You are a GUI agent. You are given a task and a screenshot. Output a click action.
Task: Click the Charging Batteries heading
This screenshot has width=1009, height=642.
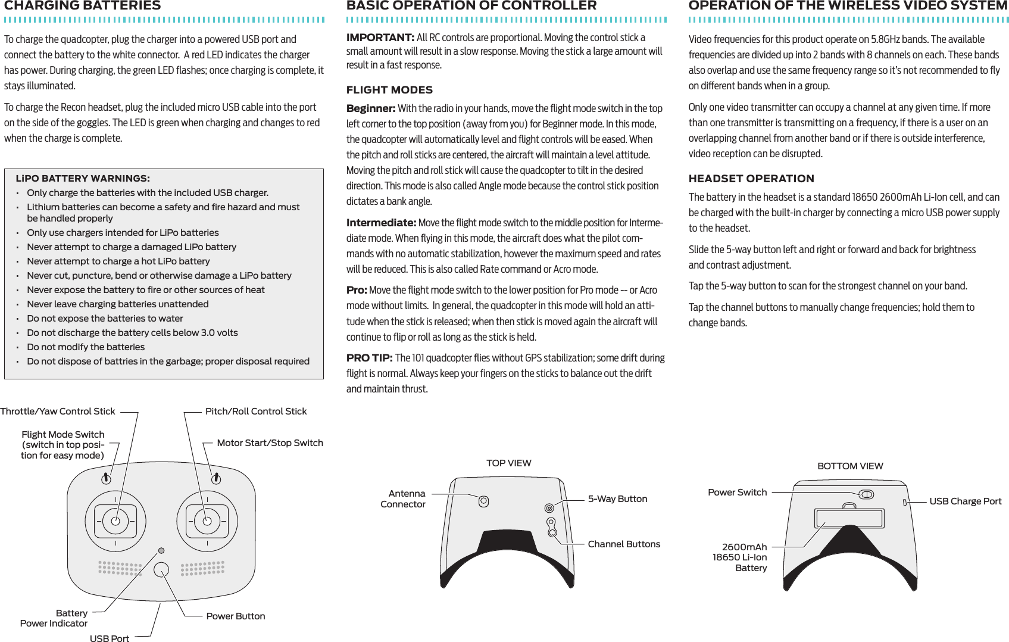pyautogui.click(x=82, y=6)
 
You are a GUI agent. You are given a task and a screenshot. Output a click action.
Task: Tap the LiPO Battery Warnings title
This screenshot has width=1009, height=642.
pyautogui.click(x=83, y=178)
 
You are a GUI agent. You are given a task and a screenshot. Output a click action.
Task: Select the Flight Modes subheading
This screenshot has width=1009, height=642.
pyautogui.click(x=389, y=90)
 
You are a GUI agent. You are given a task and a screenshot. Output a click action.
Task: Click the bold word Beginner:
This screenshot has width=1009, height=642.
pyautogui.click(x=371, y=108)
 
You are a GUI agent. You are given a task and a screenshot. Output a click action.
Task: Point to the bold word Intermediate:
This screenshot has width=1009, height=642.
pyautogui.click(x=381, y=223)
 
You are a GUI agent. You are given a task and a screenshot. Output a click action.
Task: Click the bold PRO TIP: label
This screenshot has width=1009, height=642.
pyautogui.click(x=369, y=358)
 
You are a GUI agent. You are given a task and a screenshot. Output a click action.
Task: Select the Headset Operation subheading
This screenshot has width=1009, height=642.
pyautogui.click(x=751, y=179)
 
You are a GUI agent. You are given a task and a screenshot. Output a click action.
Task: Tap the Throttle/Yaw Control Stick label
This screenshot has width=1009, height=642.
pyautogui.click(x=58, y=412)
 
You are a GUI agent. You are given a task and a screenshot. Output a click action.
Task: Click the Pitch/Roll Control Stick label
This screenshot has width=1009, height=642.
pyautogui.click(x=256, y=412)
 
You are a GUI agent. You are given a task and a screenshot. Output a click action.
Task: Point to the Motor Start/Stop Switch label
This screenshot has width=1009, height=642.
pyautogui.click(x=270, y=443)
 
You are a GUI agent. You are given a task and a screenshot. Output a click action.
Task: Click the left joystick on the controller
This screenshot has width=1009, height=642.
pyautogui.click(x=115, y=521)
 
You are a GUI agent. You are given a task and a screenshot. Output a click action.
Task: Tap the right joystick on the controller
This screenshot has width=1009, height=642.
pyautogui.click(x=207, y=521)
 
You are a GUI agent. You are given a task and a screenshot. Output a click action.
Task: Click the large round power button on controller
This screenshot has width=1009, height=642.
pyautogui.click(x=161, y=569)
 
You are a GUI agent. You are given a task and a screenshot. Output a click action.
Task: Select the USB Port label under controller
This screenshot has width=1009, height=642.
pyautogui.click(x=110, y=638)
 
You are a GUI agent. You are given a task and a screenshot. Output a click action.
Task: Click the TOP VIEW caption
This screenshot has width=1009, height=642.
pyautogui.click(x=509, y=463)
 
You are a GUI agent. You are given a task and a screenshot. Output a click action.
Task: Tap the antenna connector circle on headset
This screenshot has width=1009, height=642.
pyautogui.click(x=484, y=501)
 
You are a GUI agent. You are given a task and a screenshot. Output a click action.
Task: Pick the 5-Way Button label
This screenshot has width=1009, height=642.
pyautogui.click(x=617, y=499)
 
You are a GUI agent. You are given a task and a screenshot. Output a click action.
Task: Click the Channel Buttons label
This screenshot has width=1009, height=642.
pyautogui.click(x=624, y=544)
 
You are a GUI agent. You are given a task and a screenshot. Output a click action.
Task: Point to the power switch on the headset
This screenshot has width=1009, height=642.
pyautogui.click(x=866, y=494)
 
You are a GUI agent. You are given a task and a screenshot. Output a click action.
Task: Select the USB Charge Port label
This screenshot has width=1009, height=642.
pyautogui.click(x=966, y=501)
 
